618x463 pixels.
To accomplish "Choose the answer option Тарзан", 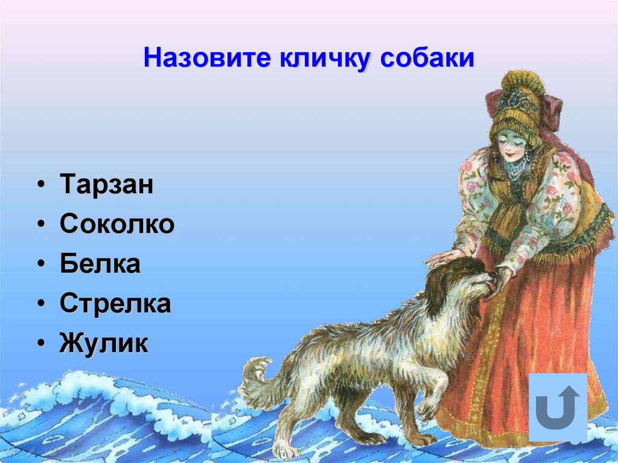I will tap(106, 185).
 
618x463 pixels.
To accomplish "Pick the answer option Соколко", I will tap(117, 225).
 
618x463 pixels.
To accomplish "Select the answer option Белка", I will tap(100, 264).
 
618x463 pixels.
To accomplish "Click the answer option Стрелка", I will tap(115, 304).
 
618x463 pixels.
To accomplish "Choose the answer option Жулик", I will tap(104, 344).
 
